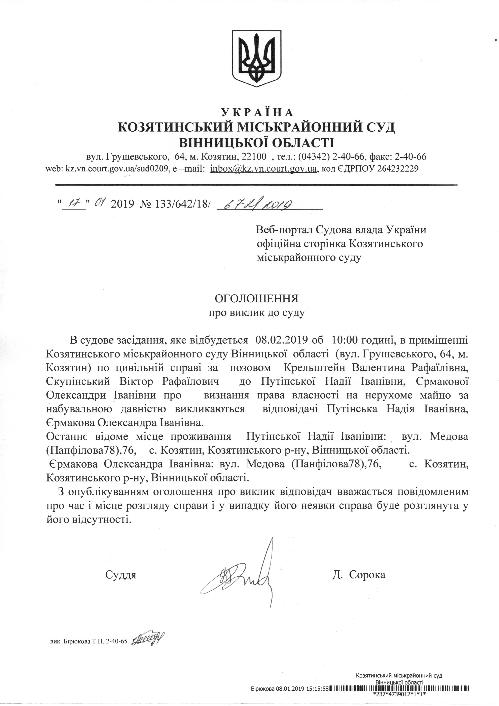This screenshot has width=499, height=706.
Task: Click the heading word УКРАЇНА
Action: [x=257, y=112]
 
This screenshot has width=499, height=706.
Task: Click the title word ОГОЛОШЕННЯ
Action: [x=256, y=299]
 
